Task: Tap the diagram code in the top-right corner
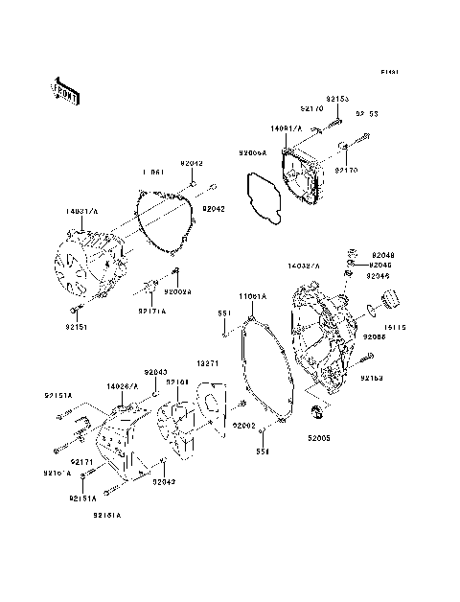[388, 73]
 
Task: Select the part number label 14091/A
[286, 127]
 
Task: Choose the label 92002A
[177, 292]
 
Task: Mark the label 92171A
[151, 311]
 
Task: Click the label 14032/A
[304, 264]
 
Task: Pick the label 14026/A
[123, 385]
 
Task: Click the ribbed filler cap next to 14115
[391, 308]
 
